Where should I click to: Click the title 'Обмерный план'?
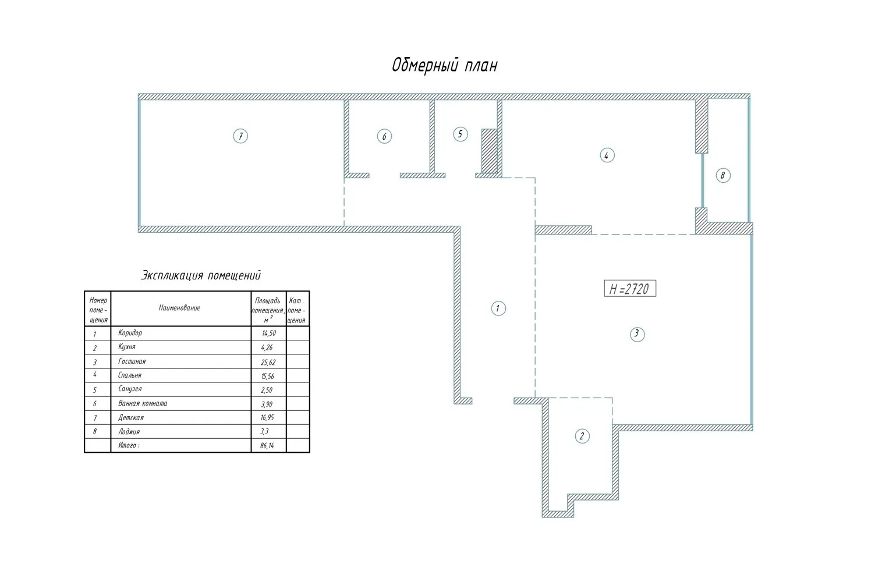tap(444, 65)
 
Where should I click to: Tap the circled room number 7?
tap(240, 136)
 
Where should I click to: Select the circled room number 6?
tap(384, 137)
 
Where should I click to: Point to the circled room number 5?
tap(460, 134)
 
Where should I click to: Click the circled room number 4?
tap(607, 155)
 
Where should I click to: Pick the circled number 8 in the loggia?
tap(723, 175)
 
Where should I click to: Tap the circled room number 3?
tap(637, 334)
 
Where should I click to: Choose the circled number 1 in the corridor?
tap(498, 308)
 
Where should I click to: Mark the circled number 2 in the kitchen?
tap(582, 436)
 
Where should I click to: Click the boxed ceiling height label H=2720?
tap(630, 289)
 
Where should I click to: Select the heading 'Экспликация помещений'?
tap(201, 275)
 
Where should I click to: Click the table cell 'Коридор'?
tap(130, 333)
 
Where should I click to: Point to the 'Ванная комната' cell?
tap(143, 403)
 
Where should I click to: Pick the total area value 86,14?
tap(267, 446)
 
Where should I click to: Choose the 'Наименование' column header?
tap(179, 308)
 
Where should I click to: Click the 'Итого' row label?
tap(129, 446)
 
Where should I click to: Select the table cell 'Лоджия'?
tap(129, 432)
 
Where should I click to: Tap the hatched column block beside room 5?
tap(490, 151)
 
